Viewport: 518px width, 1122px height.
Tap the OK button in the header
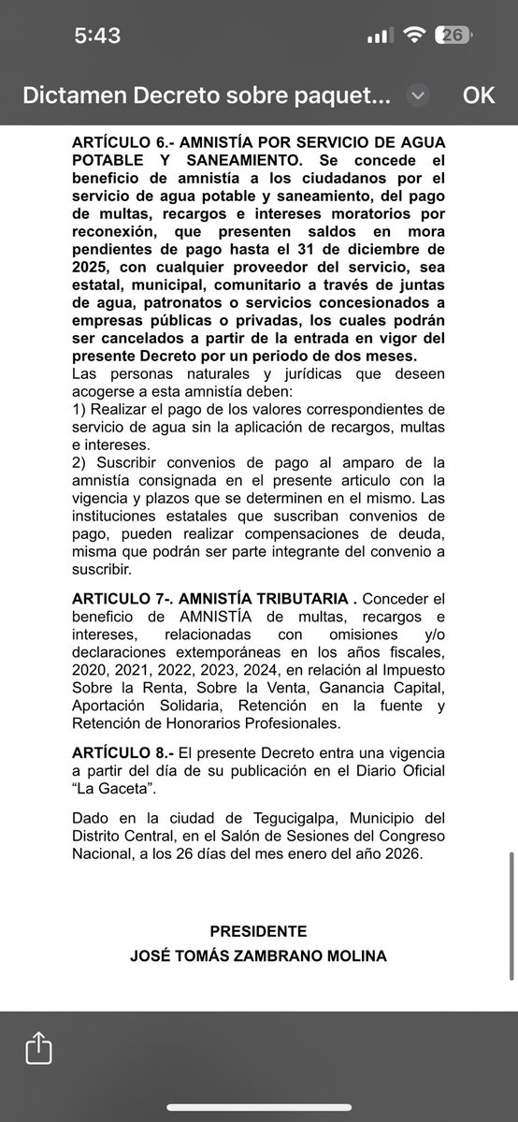(x=478, y=95)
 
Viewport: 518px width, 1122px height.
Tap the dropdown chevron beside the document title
(x=418, y=95)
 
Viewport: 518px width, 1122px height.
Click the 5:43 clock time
(x=97, y=36)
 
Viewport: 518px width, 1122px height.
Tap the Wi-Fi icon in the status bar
(x=412, y=36)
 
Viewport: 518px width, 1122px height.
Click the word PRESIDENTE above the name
(x=258, y=932)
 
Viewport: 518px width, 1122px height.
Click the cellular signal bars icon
(x=378, y=36)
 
